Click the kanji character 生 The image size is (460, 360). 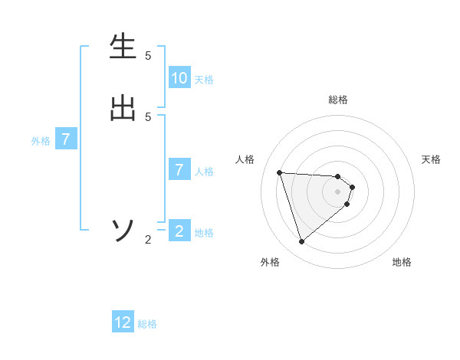(x=123, y=47)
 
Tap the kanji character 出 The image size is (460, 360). (x=123, y=107)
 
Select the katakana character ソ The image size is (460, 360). (x=123, y=231)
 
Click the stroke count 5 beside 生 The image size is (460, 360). (x=148, y=56)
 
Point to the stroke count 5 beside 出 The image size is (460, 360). (x=148, y=117)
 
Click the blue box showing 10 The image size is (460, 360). (x=179, y=78)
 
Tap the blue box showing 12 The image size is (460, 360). (x=123, y=322)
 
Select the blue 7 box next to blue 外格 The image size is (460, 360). (x=66, y=140)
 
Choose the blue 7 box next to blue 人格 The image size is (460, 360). (x=179, y=170)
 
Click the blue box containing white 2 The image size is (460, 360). (x=179, y=231)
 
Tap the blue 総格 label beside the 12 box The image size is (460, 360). (x=147, y=324)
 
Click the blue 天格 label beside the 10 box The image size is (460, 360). (x=204, y=80)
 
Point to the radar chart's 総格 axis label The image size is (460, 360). (x=338, y=100)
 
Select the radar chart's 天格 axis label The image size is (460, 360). (x=431, y=159)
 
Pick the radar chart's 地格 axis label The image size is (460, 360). (x=402, y=262)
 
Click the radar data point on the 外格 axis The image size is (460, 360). (x=301, y=242)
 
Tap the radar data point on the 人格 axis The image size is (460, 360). (x=279, y=172)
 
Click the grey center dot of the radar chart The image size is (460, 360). (x=338, y=201)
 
